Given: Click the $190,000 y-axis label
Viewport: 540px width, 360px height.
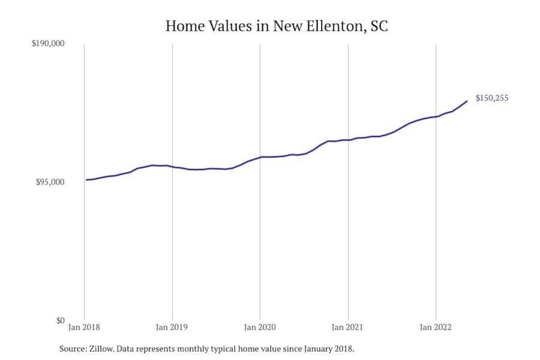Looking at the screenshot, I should [48, 43].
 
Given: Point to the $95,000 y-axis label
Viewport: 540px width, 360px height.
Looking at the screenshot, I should [50, 182].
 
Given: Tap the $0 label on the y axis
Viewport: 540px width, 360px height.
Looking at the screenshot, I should [60, 321].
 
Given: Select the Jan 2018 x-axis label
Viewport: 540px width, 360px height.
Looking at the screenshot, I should [84, 327].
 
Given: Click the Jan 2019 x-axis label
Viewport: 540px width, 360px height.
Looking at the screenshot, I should [172, 327].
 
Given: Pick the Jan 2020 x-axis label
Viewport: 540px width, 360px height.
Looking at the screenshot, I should [260, 327].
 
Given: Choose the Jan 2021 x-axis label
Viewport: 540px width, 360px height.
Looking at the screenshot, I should [348, 327].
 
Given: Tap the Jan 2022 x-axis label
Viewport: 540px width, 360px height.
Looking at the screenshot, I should [435, 327].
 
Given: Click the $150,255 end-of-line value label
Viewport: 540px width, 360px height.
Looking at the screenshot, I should [492, 98].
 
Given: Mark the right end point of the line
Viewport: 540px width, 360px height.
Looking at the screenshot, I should [467, 101].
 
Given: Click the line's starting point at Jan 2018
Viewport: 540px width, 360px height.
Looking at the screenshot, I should [86, 180].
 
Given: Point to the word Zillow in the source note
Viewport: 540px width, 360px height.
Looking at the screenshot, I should [101, 349].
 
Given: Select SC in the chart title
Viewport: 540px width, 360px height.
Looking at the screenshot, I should [379, 26].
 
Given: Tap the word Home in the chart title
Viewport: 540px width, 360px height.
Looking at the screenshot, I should [185, 26].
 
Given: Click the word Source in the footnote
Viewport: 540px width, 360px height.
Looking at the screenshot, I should [72, 349].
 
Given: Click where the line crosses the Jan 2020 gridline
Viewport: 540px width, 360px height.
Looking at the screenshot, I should [260, 157].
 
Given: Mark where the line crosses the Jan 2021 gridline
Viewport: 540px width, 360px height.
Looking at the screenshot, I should [348, 140].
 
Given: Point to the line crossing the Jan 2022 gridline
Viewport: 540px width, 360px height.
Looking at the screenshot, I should [436, 116].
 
